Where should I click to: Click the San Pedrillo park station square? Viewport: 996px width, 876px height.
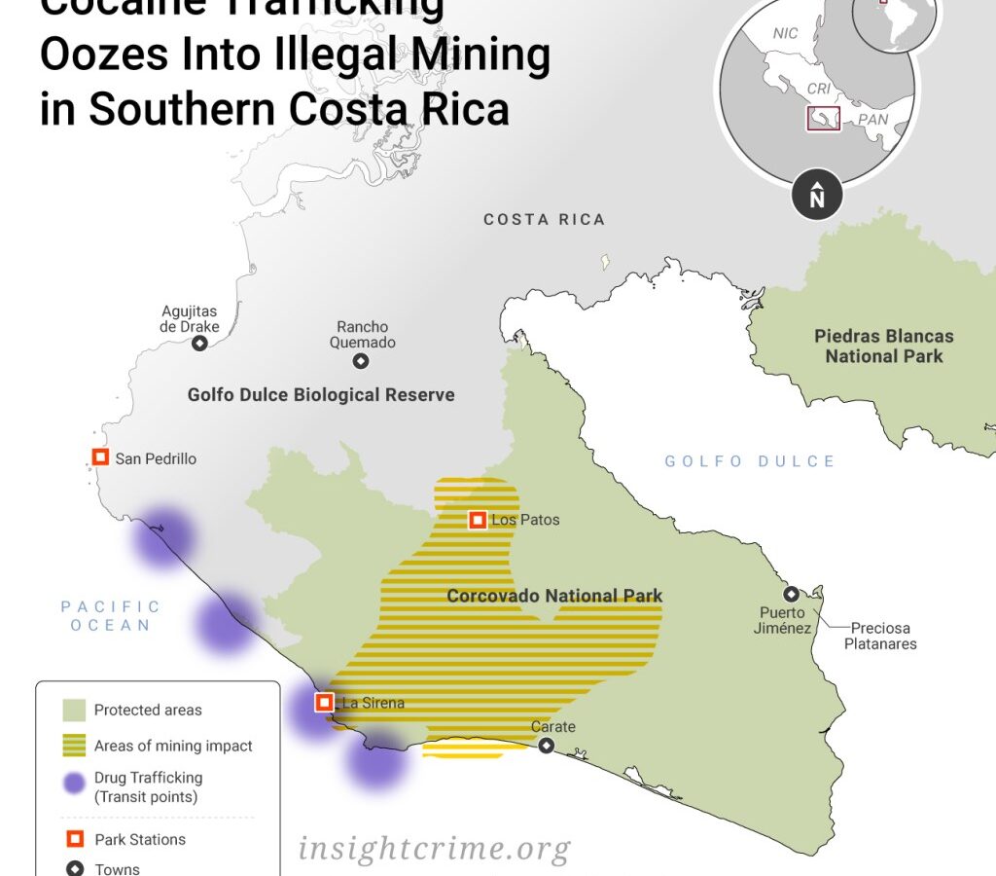coord(100,457)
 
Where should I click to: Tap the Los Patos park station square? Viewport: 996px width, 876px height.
coord(478,520)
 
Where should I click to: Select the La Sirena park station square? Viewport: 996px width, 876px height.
coord(325,702)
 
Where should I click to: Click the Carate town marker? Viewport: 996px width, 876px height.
coord(547,746)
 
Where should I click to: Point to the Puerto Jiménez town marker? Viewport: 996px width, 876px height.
coord(792,594)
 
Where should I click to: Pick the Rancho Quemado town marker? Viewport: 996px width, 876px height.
coord(361,361)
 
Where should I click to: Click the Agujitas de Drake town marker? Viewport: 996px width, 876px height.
coord(199,344)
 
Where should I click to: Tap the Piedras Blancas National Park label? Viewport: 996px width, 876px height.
coord(883,347)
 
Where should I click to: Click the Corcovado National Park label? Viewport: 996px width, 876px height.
coord(554,596)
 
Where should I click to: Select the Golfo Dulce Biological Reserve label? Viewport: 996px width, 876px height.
coord(321,395)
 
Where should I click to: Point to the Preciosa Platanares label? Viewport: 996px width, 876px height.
coord(879,636)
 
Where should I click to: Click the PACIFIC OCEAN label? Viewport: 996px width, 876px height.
coord(111,616)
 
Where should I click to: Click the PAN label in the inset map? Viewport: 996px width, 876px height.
coord(872,121)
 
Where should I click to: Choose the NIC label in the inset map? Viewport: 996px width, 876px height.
coord(785,33)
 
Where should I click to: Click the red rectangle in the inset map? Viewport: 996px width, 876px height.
coord(823,119)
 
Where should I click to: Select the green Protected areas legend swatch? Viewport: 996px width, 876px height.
coord(74,711)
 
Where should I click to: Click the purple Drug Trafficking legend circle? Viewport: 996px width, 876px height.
coord(74,785)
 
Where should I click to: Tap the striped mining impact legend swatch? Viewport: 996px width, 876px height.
coord(74,747)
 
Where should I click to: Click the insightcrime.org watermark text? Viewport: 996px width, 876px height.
coord(434,849)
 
